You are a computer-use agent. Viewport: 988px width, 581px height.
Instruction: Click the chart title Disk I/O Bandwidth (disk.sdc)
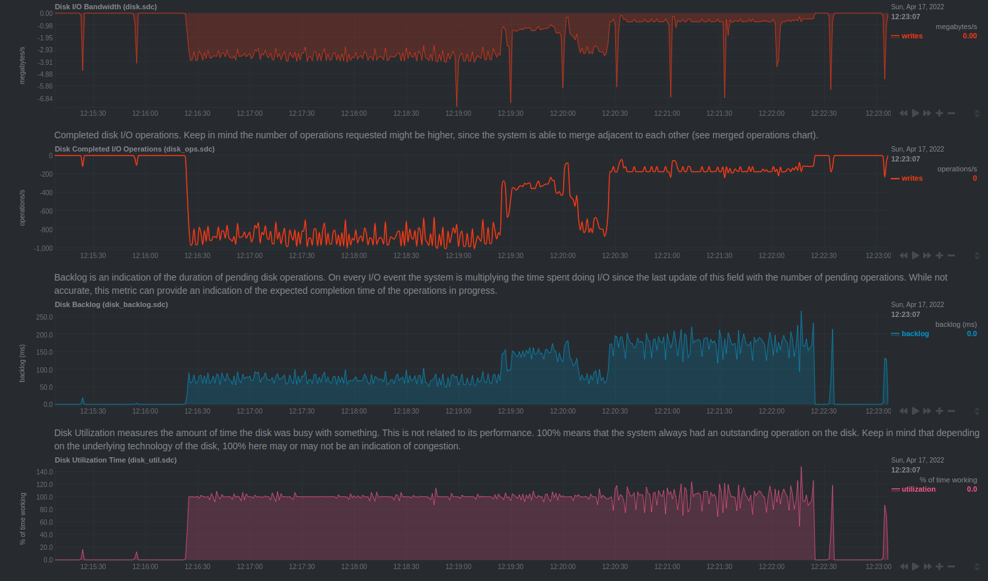point(106,7)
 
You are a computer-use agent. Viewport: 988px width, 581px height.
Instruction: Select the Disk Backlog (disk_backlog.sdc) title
point(111,304)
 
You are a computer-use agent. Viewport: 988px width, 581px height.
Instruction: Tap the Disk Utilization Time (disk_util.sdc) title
point(116,460)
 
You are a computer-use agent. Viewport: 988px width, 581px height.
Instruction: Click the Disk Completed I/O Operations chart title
point(134,149)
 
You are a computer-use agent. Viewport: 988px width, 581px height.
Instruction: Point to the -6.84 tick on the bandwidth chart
point(45,99)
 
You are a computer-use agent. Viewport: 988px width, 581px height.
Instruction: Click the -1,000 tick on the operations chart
point(44,248)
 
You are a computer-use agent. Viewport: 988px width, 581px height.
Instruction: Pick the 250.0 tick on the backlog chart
point(44,317)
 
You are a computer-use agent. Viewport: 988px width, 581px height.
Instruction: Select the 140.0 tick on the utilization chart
point(44,472)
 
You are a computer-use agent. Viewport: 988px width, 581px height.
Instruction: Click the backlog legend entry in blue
point(915,334)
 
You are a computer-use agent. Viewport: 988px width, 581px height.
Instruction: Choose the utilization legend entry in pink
point(918,489)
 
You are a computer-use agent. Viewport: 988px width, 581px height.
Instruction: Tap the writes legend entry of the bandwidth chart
point(911,36)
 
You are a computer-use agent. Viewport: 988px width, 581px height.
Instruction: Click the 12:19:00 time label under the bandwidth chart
point(458,113)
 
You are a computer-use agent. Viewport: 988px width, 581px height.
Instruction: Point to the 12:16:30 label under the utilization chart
point(197,566)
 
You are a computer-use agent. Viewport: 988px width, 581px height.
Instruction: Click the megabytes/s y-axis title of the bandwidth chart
point(22,65)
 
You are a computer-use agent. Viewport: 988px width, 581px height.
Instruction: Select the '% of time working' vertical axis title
point(22,518)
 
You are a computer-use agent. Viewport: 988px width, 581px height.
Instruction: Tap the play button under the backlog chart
point(915,411)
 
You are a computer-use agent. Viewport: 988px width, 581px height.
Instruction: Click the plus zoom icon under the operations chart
point(939,255)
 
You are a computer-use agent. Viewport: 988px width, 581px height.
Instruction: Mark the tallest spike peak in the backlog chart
point(802,312)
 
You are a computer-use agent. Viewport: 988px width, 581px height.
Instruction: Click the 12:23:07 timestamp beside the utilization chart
point(905,470)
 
